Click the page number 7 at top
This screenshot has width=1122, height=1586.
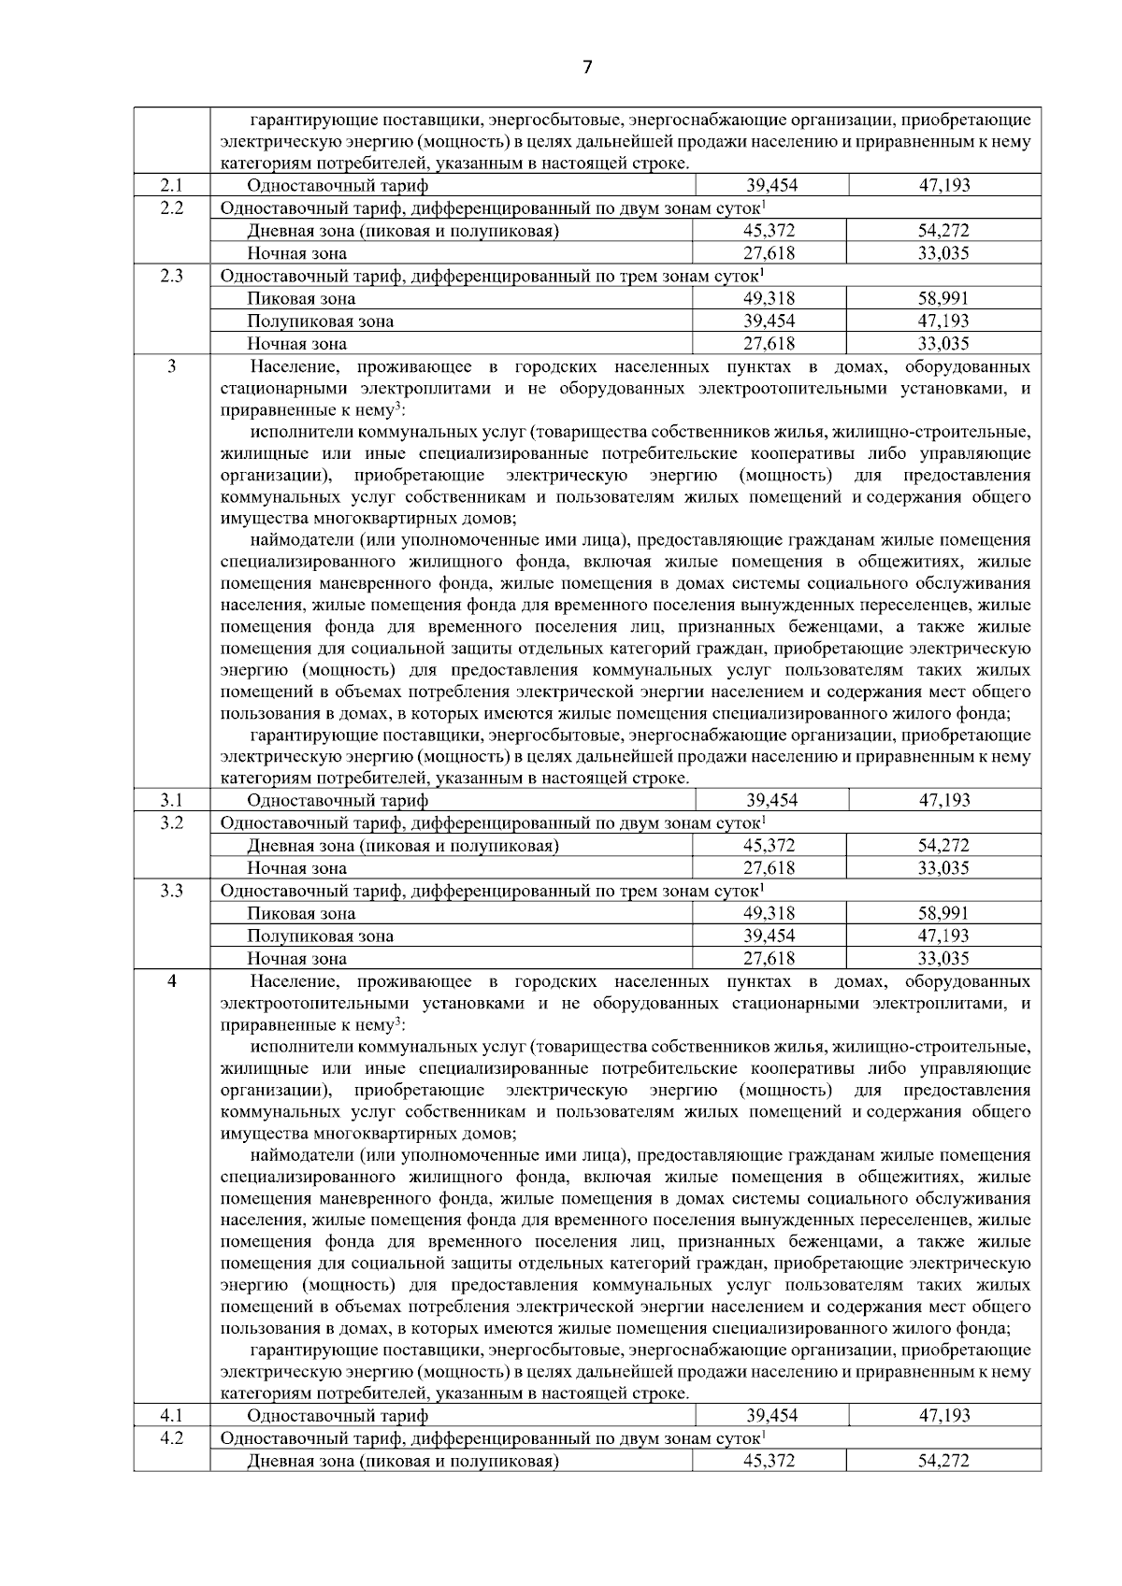pyautogui.click(x=587, y=67)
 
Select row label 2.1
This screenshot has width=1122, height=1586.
pyautogui.click(x=171, y=185)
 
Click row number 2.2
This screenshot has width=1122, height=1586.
pyautogui.click(x=171, y=207)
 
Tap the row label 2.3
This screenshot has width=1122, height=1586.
pyautogui.click(x=171, y=276)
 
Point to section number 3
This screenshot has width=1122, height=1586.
pyautogui.click(x=171, y=366)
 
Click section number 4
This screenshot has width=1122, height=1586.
pyautogui.click(x=171, y=981)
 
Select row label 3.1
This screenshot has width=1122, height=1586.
pyautogui.click(x=171, y=800)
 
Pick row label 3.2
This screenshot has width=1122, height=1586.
pyautogui.click(x=171, y=822)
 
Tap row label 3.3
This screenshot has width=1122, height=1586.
pyautogui.click(x=171, y=891)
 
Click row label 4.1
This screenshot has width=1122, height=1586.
pyautogui.click(x=171, y=1415)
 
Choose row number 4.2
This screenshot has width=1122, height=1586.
pyautogui.click(x=171, y=1437)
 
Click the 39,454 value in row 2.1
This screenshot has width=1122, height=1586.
pyautogui.click(x=771, y=185)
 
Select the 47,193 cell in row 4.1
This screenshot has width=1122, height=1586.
pyautogui.click(x=944, y=1415)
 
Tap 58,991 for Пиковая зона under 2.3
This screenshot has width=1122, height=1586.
pyautogui.click(x=943, y=298)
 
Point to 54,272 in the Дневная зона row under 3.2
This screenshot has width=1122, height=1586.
pyautogui.click(x=943, y=846)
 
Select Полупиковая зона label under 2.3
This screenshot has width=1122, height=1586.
pyautogui.click(x=320, y=321)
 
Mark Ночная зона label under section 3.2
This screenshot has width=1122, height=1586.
pyautogui.click(x=296, y=868)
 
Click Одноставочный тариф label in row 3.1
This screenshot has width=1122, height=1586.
pyautogui.click(x=338, y=800)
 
